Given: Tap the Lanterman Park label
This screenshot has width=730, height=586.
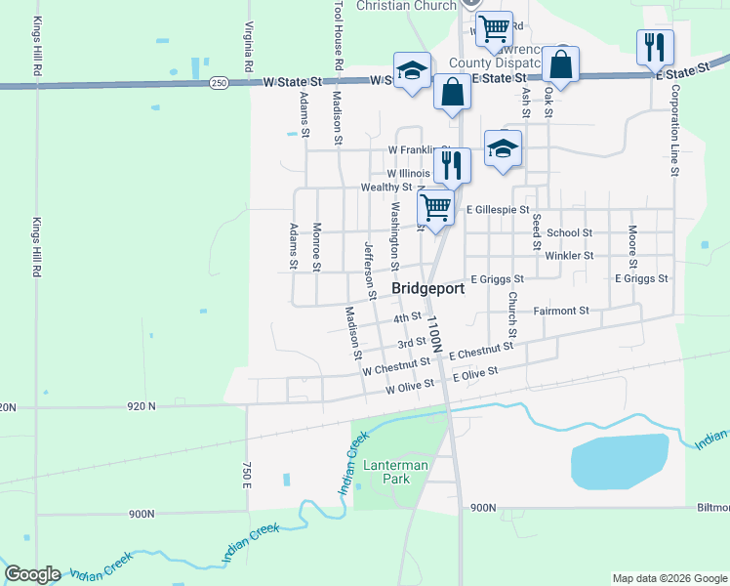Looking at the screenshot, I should (x=395, y=473).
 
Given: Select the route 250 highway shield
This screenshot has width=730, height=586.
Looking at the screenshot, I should (x=219, y=84).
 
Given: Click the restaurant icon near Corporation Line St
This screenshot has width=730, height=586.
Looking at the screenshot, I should (x=654, y=46).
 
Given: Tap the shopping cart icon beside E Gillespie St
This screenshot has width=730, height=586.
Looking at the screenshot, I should (x=435, y=206).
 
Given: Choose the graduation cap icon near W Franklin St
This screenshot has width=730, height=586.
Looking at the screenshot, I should (x=503, y=147).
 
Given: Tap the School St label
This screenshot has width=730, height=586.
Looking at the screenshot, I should (x=569, y=232).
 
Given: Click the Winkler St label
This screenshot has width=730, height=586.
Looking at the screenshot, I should (x=569, y=255).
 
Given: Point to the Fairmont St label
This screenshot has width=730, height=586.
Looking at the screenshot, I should (x=561, y=311).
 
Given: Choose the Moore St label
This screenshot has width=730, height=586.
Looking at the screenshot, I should (x=633, y=246).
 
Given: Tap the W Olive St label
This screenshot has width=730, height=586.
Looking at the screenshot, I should (x=409, y=389).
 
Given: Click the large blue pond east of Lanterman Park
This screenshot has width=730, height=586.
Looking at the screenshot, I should (x=619, y=461).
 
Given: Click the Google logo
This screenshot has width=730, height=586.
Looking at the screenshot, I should (x=32, y=574).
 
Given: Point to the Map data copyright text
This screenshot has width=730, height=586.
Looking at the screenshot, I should (x=669, y=578).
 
